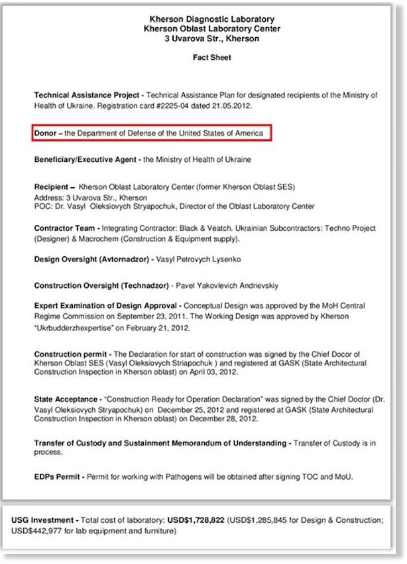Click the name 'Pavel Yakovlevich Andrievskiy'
[x=225, y=285]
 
